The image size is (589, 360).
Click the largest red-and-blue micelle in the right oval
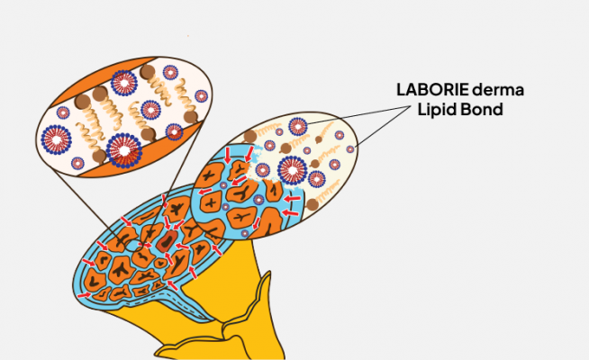coord(295,170)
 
